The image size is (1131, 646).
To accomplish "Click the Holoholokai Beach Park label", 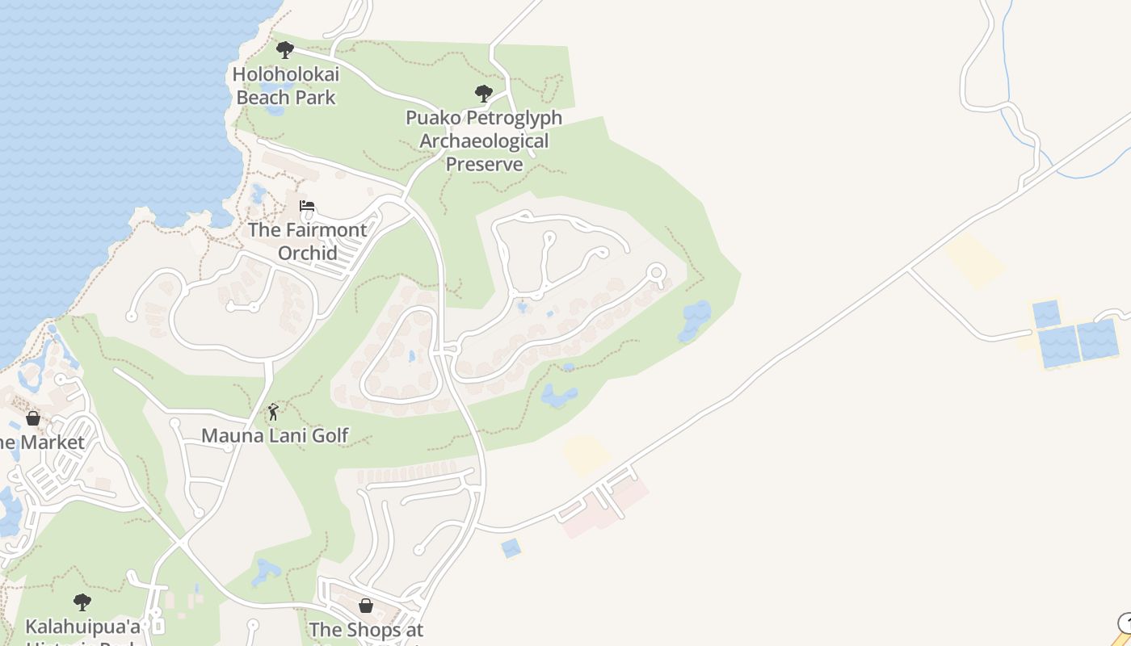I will pos(285,86).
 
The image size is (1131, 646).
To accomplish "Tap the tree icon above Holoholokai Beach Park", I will pos(285,50).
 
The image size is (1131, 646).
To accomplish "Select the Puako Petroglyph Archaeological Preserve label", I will pos(484,141).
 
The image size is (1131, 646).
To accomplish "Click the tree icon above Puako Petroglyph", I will pos(484,94).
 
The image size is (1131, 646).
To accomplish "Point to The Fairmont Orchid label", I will pos(307,241).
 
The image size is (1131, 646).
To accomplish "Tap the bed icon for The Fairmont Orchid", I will pos(307,206).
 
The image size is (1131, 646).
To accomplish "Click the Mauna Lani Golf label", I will pos(275,436).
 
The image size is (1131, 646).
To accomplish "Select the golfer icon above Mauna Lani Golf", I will pos(273,412).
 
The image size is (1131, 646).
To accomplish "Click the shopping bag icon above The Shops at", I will pos(366,606).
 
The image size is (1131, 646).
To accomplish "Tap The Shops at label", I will pos(366,629).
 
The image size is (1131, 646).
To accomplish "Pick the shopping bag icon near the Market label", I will pos(33,418).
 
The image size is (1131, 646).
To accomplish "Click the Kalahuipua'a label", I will pos(82,627).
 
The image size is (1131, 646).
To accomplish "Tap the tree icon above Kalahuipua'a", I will pos(82,602).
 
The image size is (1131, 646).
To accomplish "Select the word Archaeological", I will pos(484,141).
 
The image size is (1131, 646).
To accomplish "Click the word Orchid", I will pos(307,253).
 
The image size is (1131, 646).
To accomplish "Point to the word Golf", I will pos(328,436).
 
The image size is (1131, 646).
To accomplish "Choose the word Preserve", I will pos(484,165).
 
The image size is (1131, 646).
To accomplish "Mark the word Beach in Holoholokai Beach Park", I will pos(264,98).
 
